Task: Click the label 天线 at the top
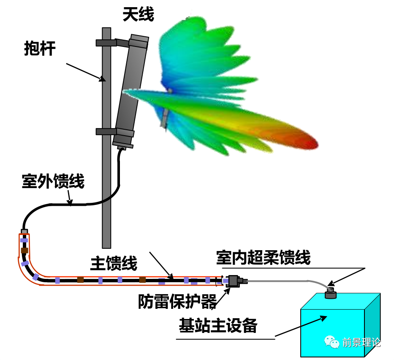[x=138, y=14]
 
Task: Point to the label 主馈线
[x=114, y=264]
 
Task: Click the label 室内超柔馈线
[x=263, y=257]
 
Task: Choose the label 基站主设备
[x=218, y=326]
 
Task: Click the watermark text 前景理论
[x=361, y=342]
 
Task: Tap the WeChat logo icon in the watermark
[x=332, y=342]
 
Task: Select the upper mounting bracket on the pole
[x=106, y=43]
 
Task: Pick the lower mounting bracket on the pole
[x=106, y=131]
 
